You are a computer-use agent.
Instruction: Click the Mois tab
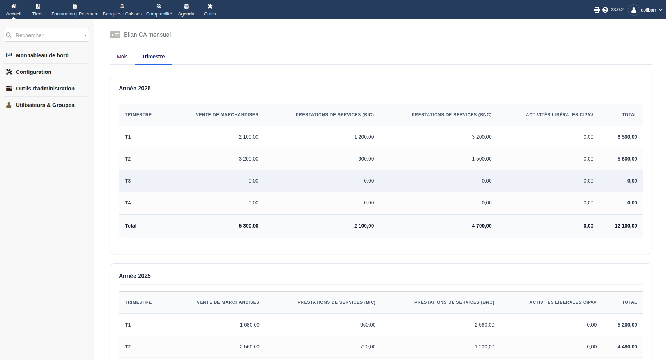(122, 57)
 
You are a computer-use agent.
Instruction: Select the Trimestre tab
(153, 57)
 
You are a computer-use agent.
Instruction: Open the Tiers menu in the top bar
(37, 10)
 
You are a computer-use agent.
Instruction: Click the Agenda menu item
(186, 10)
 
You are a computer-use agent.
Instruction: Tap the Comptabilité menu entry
(159, 10)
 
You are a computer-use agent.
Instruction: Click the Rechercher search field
(46, 35)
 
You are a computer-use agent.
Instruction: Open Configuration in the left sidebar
(33, 72)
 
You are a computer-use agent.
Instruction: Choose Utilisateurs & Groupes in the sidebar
(45, 105)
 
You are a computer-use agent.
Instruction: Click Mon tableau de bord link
(42, 55)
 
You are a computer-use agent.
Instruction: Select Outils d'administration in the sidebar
(45, 89)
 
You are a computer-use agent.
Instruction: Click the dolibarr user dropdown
(645, 10)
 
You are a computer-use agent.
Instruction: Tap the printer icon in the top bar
(597, 10)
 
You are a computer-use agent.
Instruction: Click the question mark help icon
(605, 10)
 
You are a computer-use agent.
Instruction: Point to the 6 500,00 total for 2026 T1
(627, 137)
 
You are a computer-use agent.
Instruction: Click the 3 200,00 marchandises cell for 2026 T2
(248, 159)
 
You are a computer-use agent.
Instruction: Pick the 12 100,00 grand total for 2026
(626, 226)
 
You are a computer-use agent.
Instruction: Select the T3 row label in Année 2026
(128, 181)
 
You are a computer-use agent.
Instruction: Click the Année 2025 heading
(135, 276)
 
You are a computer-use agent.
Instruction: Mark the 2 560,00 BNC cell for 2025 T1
(484, 325)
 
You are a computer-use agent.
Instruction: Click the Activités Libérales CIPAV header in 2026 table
(559, 115)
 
